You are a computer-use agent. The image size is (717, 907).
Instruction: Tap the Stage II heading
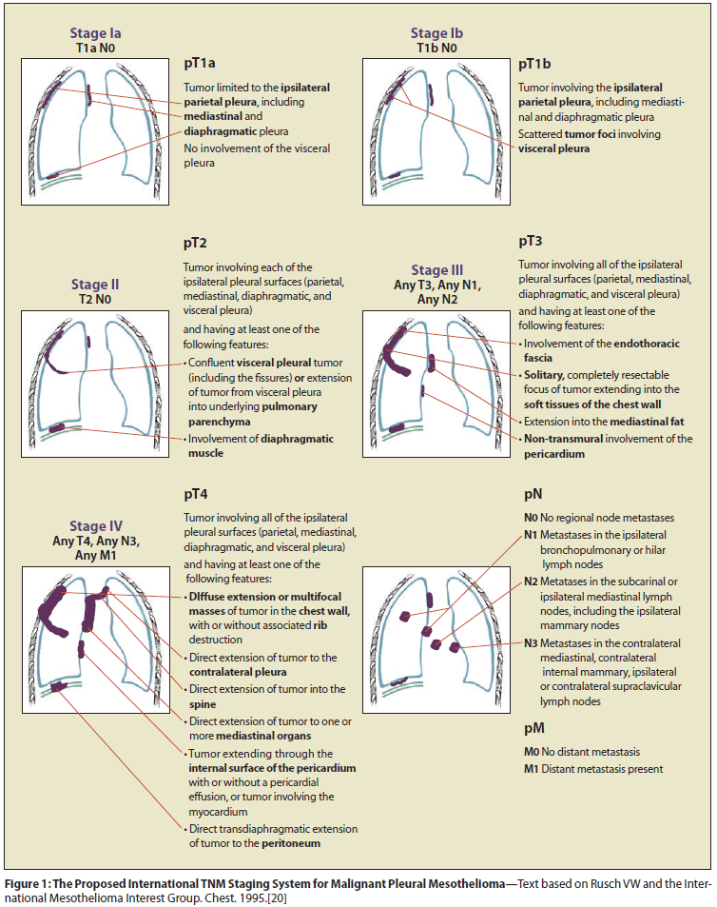tap(94, 284)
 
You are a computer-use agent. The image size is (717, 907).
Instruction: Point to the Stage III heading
tap(437, 270)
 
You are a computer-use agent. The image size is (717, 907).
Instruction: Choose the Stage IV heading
tap(95, 525)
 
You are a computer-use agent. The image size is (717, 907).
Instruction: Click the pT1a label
tap(200, 64)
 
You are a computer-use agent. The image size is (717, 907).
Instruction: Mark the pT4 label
tap(195, 495)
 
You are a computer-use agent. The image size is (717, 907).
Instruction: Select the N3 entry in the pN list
tap(531, 643)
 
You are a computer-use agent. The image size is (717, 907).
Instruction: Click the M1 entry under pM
tap(532, 769)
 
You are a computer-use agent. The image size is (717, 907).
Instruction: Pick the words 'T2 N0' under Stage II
tap(94, 298)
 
